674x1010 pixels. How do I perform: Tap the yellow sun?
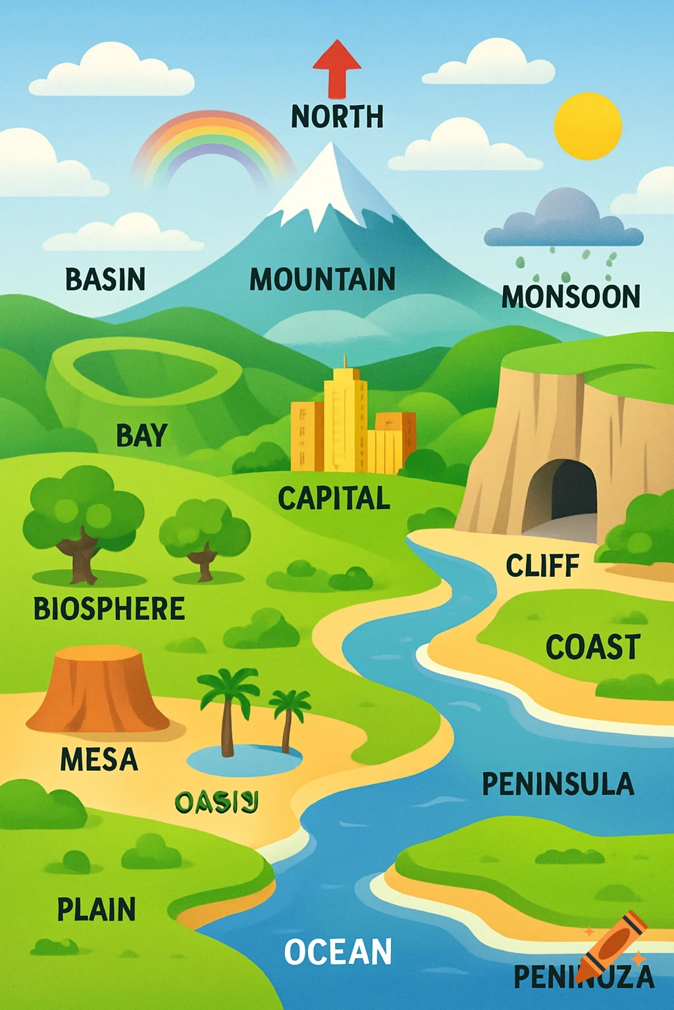click(x=588, y=126)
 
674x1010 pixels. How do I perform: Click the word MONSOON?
click(x=571, y=297)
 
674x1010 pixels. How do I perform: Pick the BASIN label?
click(x=105, y=279)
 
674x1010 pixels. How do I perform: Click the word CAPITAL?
click(x=334, y=498)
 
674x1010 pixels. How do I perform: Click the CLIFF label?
click(x=542, y=566)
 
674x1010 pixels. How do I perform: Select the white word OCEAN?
click(x=338, y=952)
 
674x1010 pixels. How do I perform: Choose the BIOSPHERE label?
click(x=109, y=609)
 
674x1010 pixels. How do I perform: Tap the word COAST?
click(x=592, y=647)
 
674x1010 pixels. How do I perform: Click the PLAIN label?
click(x=96, y=910)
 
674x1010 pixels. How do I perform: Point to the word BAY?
click(x=142, y=436)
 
